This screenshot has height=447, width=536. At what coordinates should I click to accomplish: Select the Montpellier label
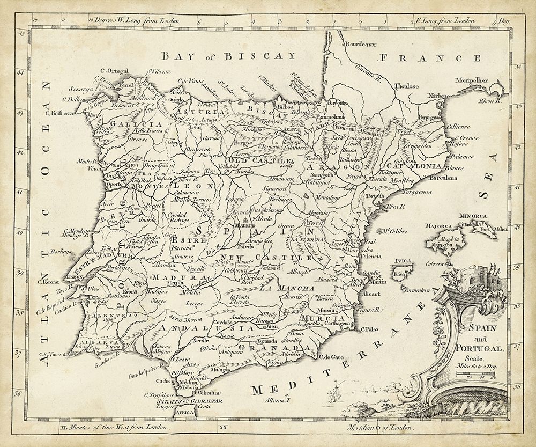click(471, 80)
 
